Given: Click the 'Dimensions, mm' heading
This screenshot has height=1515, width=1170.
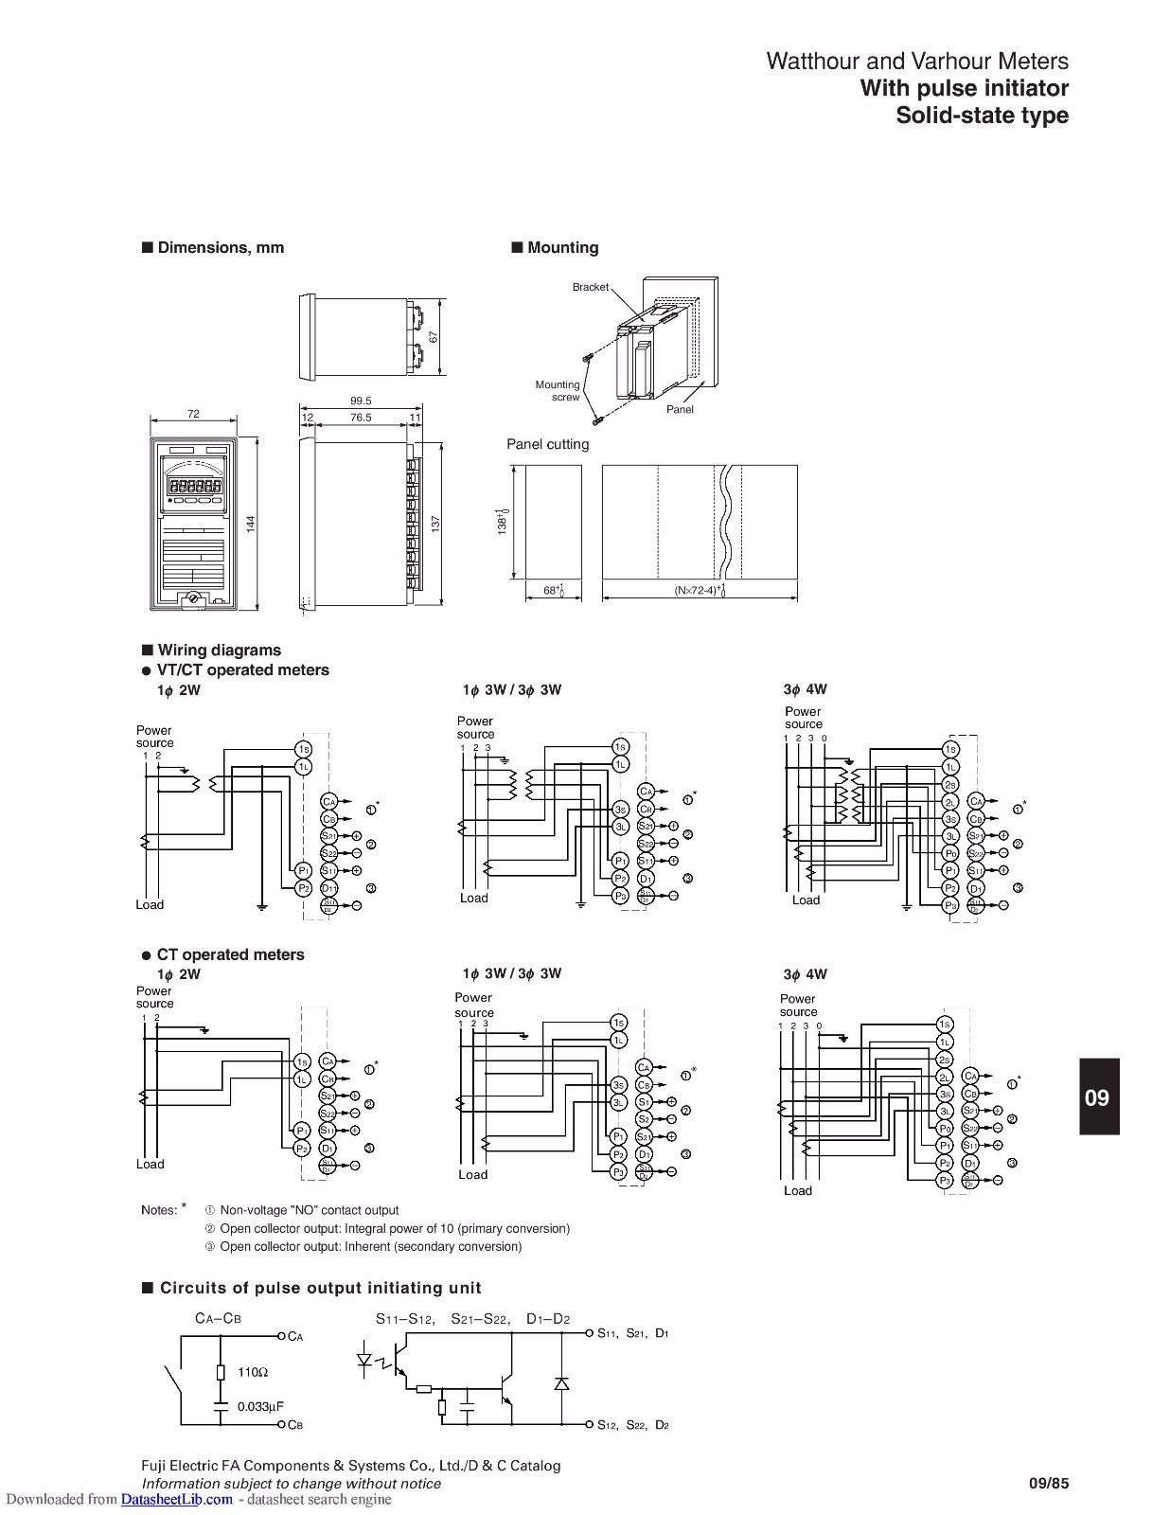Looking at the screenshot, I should [x=221, y=248].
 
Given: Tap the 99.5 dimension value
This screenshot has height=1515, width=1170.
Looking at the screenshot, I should [x=361, y=401].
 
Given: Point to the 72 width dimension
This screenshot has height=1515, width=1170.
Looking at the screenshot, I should [x=193, y=414].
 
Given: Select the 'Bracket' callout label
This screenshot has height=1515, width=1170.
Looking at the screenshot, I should [x=590, y=287].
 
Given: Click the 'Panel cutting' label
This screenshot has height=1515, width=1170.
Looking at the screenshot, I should [x=547, y=444].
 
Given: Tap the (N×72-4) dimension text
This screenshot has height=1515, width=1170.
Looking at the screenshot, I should [x=699, y=591].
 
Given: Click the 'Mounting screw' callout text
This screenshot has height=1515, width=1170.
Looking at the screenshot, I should [x=558, y=391].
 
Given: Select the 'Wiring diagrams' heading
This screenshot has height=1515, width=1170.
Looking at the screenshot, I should [x=219, y=651].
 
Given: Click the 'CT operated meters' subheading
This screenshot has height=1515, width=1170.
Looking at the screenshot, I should [x=230, y=954].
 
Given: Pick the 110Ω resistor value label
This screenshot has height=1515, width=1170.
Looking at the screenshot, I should [x=253, y=1372].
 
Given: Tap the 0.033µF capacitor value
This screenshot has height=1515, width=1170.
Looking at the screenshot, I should [x=260, y=1407].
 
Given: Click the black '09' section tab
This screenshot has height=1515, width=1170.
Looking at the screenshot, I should [x=1097, y=1097].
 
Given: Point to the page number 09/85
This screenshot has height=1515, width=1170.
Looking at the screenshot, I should [x=1048, y=1484].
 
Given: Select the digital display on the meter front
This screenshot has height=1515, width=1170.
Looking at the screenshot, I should [x=196, y=485].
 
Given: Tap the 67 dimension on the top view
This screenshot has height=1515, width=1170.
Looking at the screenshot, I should [x=434, y=337].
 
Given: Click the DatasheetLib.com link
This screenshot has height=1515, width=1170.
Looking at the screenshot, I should [x=176, y=1499].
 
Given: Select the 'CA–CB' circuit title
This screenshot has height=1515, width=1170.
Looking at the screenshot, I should [x=218, y=1318].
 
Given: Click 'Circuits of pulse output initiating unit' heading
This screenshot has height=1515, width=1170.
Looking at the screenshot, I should [x=320, y=1288].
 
